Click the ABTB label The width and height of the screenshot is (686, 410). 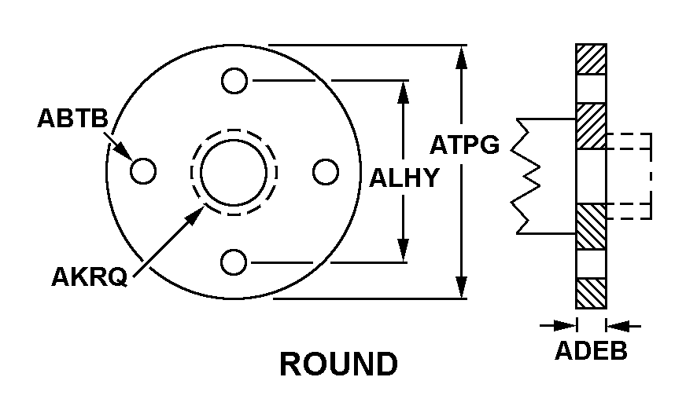(x=72, y=118)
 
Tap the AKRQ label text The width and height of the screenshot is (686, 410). (x=89, y=276)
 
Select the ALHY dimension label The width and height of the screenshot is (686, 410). (x=404, y=178)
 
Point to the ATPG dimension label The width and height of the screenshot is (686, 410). (x=464, y=145)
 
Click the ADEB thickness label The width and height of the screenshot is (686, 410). (x=591, y=350)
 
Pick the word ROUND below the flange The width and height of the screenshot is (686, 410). (x=338, y=364)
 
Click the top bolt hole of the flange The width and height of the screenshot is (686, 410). (x=234, y=81)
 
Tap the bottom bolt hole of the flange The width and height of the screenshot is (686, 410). (x=234, y=262)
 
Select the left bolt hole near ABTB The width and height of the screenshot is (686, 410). (x=143, y=170)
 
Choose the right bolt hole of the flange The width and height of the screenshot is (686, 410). (x=326, y=171)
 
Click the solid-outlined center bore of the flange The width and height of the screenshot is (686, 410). (x=234, y=172)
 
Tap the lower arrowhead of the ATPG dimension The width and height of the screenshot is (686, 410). (x=461, y=287)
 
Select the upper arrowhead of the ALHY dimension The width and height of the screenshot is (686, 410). (x=403, y=93)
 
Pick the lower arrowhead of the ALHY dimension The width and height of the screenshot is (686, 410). (x=403, y=251)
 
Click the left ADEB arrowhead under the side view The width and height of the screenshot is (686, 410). (x=565, y=325)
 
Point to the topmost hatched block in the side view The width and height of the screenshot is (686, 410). (x=591, y=60)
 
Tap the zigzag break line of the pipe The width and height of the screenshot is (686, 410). (x=526, y=176)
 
